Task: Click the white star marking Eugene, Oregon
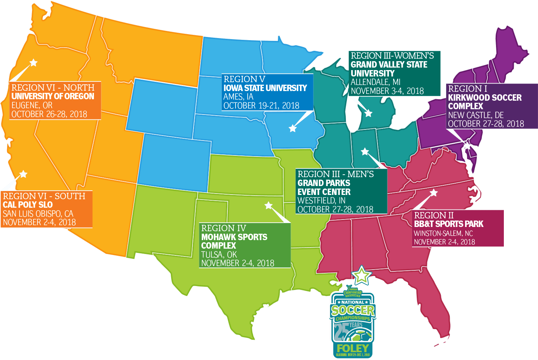33,63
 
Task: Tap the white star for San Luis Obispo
23,174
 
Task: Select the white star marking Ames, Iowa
292,128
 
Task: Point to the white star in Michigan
368,113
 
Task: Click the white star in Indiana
365,152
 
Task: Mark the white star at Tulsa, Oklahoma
269,205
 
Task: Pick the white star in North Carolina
434,193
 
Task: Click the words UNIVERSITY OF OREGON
53,96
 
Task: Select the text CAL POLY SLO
28,205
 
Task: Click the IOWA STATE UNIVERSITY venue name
265,88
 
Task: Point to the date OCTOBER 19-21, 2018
261,106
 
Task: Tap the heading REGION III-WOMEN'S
392,56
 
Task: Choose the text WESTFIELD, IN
321,201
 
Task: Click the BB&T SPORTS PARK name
448,224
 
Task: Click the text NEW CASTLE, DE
476,115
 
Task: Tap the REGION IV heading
223,228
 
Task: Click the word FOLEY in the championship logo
353,348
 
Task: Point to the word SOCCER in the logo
353,310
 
